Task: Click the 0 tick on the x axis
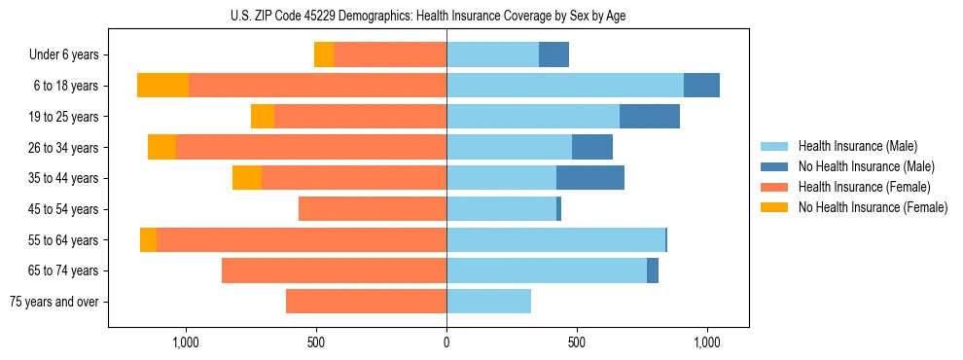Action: point(446,342)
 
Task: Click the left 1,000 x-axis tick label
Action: point(186,342)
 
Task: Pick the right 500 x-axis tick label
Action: point(576,342)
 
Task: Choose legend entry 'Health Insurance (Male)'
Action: point(857,146)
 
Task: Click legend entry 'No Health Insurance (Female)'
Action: point(873,207)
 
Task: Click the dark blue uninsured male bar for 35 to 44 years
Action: point(590,178)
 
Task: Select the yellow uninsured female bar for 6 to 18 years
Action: point(162,86)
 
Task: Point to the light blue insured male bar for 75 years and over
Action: point(488,302)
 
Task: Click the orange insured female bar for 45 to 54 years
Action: point(373,209)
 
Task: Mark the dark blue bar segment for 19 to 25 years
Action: point(650,117)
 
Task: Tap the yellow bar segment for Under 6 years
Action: point(324,54)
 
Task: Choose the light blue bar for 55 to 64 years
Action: point(555,239)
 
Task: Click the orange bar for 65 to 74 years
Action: point(334,270)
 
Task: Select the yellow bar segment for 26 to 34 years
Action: point(161,147)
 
